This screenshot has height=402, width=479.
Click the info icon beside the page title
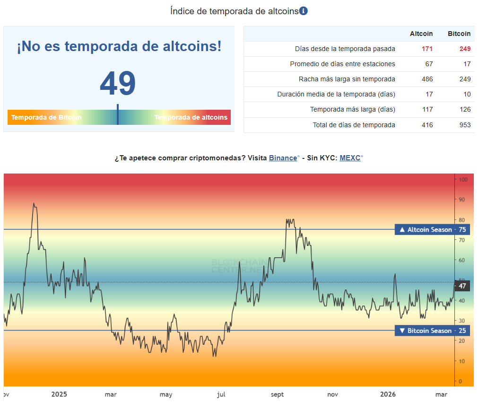[x=304, y=11]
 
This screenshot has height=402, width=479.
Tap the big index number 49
[x=118, y=84]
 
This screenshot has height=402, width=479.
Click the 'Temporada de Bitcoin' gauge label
[x=46, y=117]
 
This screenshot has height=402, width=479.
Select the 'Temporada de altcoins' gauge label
[x=191, y=117]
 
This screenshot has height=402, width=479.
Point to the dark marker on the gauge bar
[x=118, y=115]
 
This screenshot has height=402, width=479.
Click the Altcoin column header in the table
[x=421, y=34]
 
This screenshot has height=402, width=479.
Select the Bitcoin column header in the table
[x=459, y=34]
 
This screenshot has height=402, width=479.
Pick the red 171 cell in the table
[x=427, y=49]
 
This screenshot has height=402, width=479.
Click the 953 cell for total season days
[x=465, y=125]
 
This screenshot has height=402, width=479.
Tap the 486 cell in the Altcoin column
[x=427, y=79]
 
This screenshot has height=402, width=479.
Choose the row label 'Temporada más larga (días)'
[x=352, y=109]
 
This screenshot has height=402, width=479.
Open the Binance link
[x=283, y=157]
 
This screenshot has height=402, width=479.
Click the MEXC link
[x=350, y=157]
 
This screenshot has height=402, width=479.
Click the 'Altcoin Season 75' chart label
[x=432, y=229]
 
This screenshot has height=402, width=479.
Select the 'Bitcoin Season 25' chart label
[x=432, y=331]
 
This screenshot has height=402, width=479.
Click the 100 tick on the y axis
[x=463, y=180]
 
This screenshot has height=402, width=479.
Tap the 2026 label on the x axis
[x=388, y=394]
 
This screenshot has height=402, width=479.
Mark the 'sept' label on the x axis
[x=277, y=394]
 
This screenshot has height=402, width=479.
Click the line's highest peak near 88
[x=34, y=203]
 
